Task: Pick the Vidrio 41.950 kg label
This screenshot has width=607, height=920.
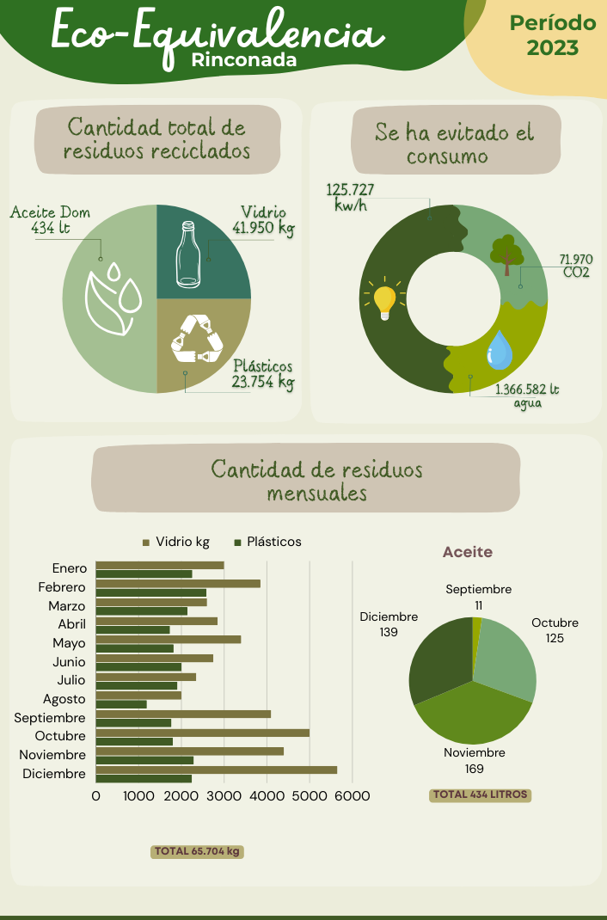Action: pyautogui.click(x=263, y=220)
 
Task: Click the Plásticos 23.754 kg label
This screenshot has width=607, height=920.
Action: pyautogui.click(x=263, y=374)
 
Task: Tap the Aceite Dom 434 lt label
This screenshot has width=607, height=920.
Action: pyautogui.click(x=50, y=220)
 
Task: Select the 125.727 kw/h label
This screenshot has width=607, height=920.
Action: pyautogui.click(x=350, y=197)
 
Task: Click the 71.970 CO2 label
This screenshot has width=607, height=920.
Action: pyautogui.click(x=575, y=266)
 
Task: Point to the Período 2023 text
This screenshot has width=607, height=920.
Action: pyautogui.click(x=552, y=35)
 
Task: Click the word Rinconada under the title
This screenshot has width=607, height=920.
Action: pyautogui.click(x=244, y=60)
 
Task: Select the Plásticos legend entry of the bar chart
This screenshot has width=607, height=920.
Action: pyautogui.click(x=267, y=542)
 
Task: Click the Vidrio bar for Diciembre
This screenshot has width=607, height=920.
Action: pyautogui.click(x=216, y=770)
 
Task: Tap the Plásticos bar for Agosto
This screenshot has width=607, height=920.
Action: pyautogui.click(x=121, y=704)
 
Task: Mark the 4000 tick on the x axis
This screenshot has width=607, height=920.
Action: pyautogui.click(x=267, y=796)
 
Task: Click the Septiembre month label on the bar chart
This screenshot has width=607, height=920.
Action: pyautogui.click(x=50, y=718)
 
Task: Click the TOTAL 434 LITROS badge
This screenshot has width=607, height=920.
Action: pyautogui.click(x=480, y=794)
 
